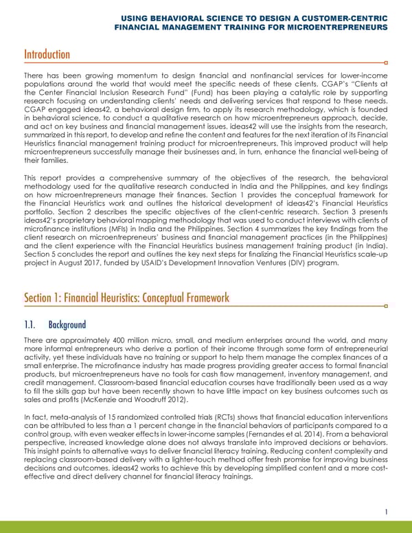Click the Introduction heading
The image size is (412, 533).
47,54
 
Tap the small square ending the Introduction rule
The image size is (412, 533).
387,62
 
